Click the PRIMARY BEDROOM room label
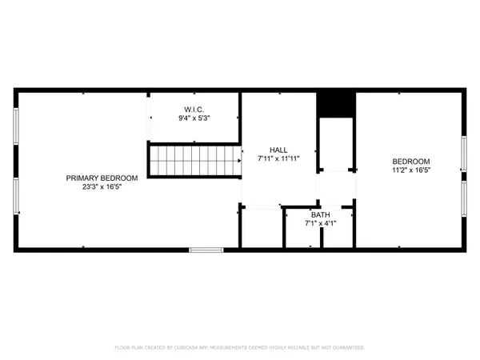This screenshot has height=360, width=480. (102, 178)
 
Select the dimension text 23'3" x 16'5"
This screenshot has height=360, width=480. (102, 187)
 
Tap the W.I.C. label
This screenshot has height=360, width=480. (194, 109)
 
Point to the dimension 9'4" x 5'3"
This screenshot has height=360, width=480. (194, 118)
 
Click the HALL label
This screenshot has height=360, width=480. (278, 150)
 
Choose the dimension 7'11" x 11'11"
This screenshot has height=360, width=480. (278, 159)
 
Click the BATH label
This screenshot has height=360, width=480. (320, 214)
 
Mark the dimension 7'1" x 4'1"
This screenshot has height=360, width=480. (320, 224)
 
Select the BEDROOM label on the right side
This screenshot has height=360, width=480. (411, 161)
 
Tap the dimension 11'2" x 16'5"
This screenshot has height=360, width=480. (411, 170)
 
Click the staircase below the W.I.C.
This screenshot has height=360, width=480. (194, 160)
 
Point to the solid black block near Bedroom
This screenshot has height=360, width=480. (336, 105)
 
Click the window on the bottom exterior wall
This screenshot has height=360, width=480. (206, 250)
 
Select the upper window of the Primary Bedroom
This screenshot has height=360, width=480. (16, 126)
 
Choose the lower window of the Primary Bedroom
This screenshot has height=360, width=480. (16, 196)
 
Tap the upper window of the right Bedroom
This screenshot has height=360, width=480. (463, 153)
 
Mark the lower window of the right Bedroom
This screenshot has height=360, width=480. (463, 200)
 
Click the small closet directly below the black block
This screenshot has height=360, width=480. (336, 144)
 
